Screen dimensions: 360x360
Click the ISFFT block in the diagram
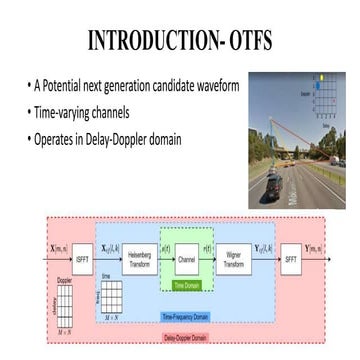click(69, 262)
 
